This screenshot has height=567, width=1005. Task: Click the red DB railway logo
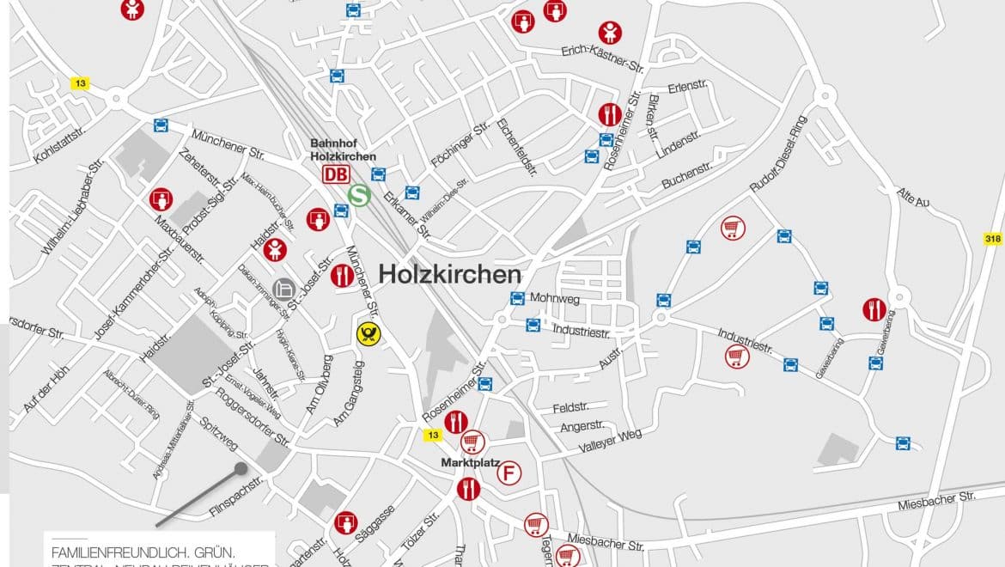point(336,174)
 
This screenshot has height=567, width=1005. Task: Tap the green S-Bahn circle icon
point(359,196)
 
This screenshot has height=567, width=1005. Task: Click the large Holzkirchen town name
point(449,274)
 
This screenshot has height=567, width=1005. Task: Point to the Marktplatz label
point(471,463)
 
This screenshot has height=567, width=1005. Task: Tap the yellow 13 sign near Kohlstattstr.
point(80,83)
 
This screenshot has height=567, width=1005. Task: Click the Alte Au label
point(913,198)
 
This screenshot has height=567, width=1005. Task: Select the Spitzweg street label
point(218,434)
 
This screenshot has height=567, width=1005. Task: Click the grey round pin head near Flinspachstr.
point(241,469)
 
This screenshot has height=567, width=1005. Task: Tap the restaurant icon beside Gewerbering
point(874,309)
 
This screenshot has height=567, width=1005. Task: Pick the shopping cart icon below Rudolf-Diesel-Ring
point(733,228)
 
